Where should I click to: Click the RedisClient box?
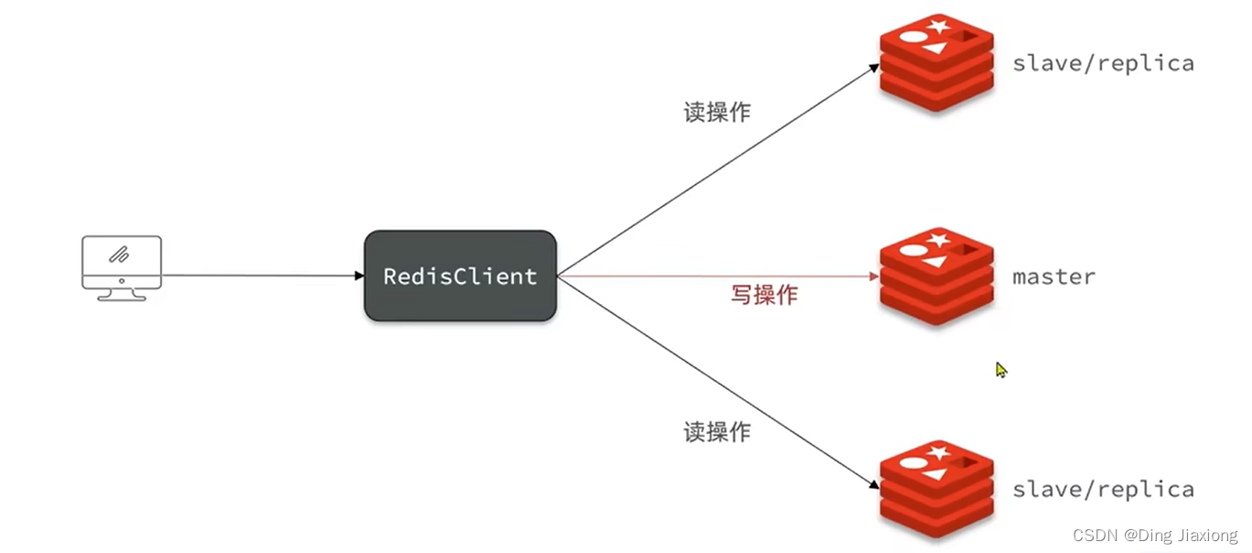point(460,276)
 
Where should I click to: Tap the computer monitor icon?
point(122,268)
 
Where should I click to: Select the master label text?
point(1054,276)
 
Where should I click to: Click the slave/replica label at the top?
point(1103,63)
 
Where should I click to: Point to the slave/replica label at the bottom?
point(1103,489)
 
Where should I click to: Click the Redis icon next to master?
point(936,276)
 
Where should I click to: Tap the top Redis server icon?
point(936,62)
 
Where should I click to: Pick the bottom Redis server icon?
point(936,489)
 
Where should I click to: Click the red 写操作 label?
point(764,295)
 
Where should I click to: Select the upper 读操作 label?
point(717,112)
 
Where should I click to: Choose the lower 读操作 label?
point(717,432)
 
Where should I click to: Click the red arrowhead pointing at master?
point(874,276)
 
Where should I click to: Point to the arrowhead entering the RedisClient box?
point(359,276)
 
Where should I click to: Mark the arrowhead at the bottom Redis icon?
point(874,484)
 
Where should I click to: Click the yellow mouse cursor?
point(1001,369)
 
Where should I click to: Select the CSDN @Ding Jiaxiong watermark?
point(1155,535)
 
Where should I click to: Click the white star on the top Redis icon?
point(938,26)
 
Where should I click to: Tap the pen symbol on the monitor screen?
point(119,255)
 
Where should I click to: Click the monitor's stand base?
point(122,298)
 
